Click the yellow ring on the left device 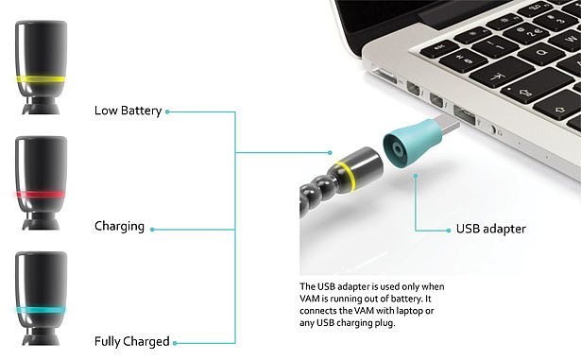point(41,79)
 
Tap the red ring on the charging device point(41,195)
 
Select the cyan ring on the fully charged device point(41,310)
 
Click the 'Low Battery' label point(128,111)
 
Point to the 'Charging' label point(119,226)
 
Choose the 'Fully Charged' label point(132,341)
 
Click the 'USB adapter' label point(490,229)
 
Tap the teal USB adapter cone point(411,143)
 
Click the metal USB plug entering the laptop point(450,126)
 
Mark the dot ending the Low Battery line point(167,111)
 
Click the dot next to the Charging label point(152,230)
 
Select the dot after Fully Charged point(175,343)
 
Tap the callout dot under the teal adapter point(416,176)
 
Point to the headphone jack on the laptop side point(493,129)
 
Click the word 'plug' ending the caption point(386,323)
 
